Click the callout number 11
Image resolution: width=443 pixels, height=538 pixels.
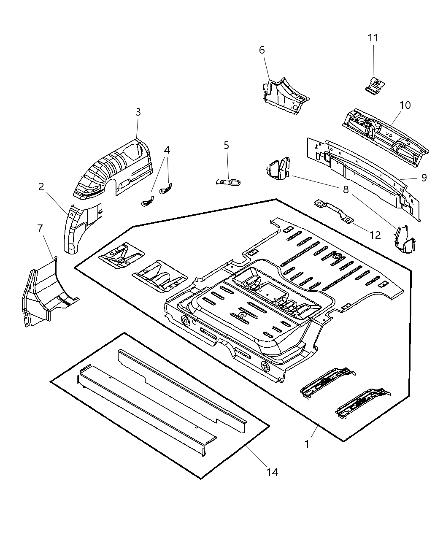(x=373, y=38)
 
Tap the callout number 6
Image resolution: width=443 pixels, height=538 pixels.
(x=262, y=50)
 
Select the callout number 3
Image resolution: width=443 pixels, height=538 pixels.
(x=138, y=112)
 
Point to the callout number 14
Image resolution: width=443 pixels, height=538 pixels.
(x=273, y=472)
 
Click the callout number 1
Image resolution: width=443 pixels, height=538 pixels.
(x=307, y=444)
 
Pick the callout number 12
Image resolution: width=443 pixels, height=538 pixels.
(x=375, y=235)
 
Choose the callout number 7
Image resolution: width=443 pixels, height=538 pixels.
(x=40, y=229)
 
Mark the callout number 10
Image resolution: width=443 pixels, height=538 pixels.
(x=405, y=105)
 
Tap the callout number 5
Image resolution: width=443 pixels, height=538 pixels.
(x=227, y=146)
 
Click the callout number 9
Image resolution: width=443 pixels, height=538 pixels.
(x=424, y=178)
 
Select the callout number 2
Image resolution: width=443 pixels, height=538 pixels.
(x=41, y=187)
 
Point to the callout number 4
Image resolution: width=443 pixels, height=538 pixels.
(x=167, y=150)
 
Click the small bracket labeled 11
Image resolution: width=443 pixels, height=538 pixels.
(x=375, y=85)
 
